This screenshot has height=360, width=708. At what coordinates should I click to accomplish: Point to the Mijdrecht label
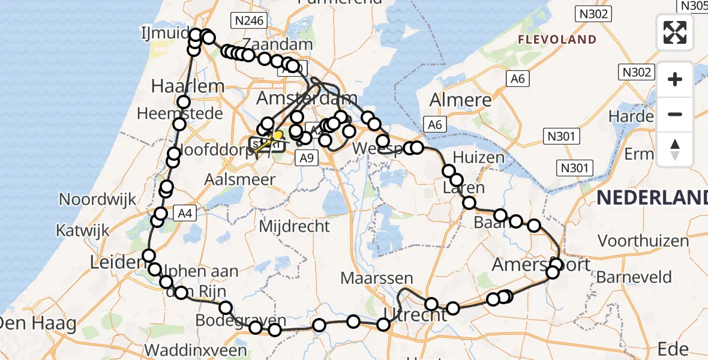click(x=294, y=226)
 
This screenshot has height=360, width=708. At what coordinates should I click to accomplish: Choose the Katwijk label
click(x=83, y=230)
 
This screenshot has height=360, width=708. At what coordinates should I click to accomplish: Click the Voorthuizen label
click(x=643, y=241)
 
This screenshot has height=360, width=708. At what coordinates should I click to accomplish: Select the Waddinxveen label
click(x=195, y=350)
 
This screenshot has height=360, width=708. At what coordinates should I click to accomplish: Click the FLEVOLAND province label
click(x=557, y=40)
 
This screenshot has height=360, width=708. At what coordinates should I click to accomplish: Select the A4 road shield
click(x=184, y=212)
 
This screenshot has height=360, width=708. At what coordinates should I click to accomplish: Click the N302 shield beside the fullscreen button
click(x=593, y=14)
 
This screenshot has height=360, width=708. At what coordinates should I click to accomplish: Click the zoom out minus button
click(x=675, y=114)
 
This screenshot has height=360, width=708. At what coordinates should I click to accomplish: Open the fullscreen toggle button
click(x=675, y=32)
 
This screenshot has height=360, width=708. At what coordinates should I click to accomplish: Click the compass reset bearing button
click(x=675, y=149)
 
